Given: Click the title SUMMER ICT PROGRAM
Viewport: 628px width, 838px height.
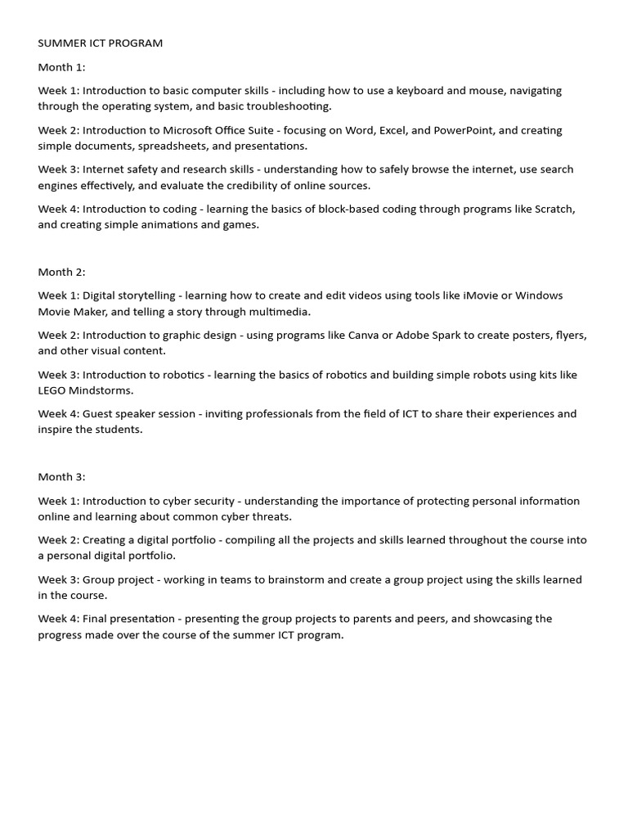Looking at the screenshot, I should (x=100, y=43).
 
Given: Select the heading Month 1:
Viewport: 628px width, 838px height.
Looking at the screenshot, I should (x=61, y=67).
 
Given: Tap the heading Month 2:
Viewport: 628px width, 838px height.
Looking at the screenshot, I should (x=61, y=272).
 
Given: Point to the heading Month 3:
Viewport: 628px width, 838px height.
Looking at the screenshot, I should (x=61, y=477).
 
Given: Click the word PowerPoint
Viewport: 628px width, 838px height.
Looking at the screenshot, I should (x=464, y=130).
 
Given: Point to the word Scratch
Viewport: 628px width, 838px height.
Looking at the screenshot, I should (x=554, y=209).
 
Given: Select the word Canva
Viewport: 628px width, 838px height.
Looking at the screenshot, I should (x=364, y=335).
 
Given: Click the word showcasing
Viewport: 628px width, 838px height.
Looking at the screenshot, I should (x=489, y=619).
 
